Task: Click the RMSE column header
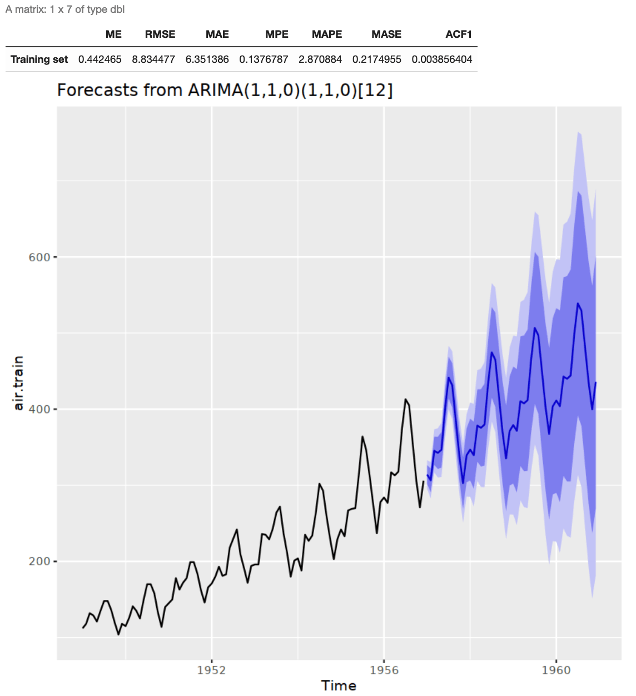click(x=160, y=34)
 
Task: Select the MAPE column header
click(x=327, y=34)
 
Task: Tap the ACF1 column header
click(x=459, y=34)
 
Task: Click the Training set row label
click(x=39, y=59)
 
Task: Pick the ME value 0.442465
click(x=100, y=59)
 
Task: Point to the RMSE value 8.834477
click(x=153, y=59)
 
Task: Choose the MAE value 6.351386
click(x=207, y=59)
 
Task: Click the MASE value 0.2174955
click(x=377, y=59)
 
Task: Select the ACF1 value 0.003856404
click(x=442, y=59)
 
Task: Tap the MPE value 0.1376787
click(x=264, y=59)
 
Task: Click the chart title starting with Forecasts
click(x=225, y=90)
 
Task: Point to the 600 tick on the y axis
click(x=39, y=257)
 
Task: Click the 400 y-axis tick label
click(x=39, y=410)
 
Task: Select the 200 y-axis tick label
click(x=39, y=561)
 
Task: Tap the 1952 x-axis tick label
click(x=212, y=670)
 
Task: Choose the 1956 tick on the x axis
click(x=384, y=670)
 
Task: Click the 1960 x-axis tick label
click(x=556, y=670)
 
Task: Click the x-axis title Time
click(x=339, y=686)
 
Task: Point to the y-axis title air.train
click(x=19, y=383)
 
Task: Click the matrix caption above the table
click(x=65, y=9)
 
